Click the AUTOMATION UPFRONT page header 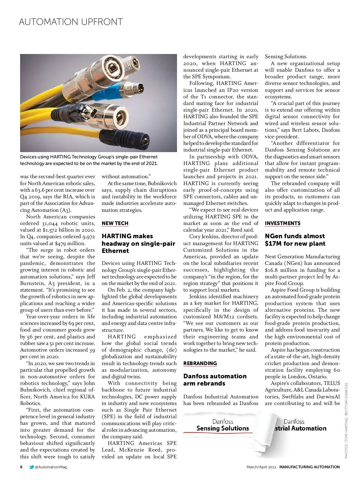[71, 22]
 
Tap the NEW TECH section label [115, 223]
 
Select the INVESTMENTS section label [283, 223]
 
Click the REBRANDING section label [200, 363]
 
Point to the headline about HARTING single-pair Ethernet [138, 243]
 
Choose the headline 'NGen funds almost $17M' [295, 240]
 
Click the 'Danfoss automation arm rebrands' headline [215, 379]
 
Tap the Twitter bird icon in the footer [31, 467]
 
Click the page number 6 [21, 467]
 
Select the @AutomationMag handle [51, 467]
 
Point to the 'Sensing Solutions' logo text [223, 428]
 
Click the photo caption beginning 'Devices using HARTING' [89, 160]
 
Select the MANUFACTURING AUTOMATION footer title [309, 467]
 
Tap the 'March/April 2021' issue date [261, 467]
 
